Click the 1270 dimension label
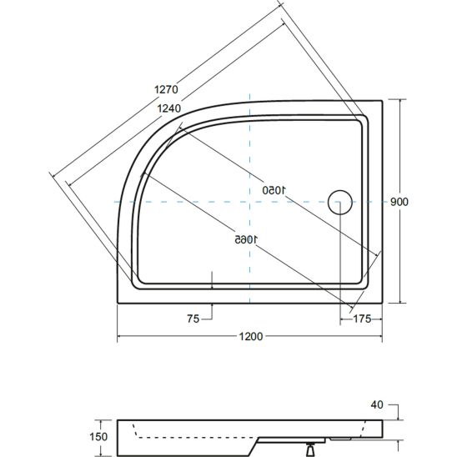click(x=166, y=89)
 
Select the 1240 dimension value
click(x=169, y=108)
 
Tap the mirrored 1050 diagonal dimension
click(x=274, y=190)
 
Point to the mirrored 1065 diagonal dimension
click(x=247, y=239)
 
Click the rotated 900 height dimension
click(x=399, y=202)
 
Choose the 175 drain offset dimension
click(x=362, y=319)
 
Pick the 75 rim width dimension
click(x=193, y=319)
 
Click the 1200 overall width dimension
click(x=251, y=337)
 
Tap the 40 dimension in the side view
click(x=377, y=404)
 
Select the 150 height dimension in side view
click(x=98, y=437)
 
